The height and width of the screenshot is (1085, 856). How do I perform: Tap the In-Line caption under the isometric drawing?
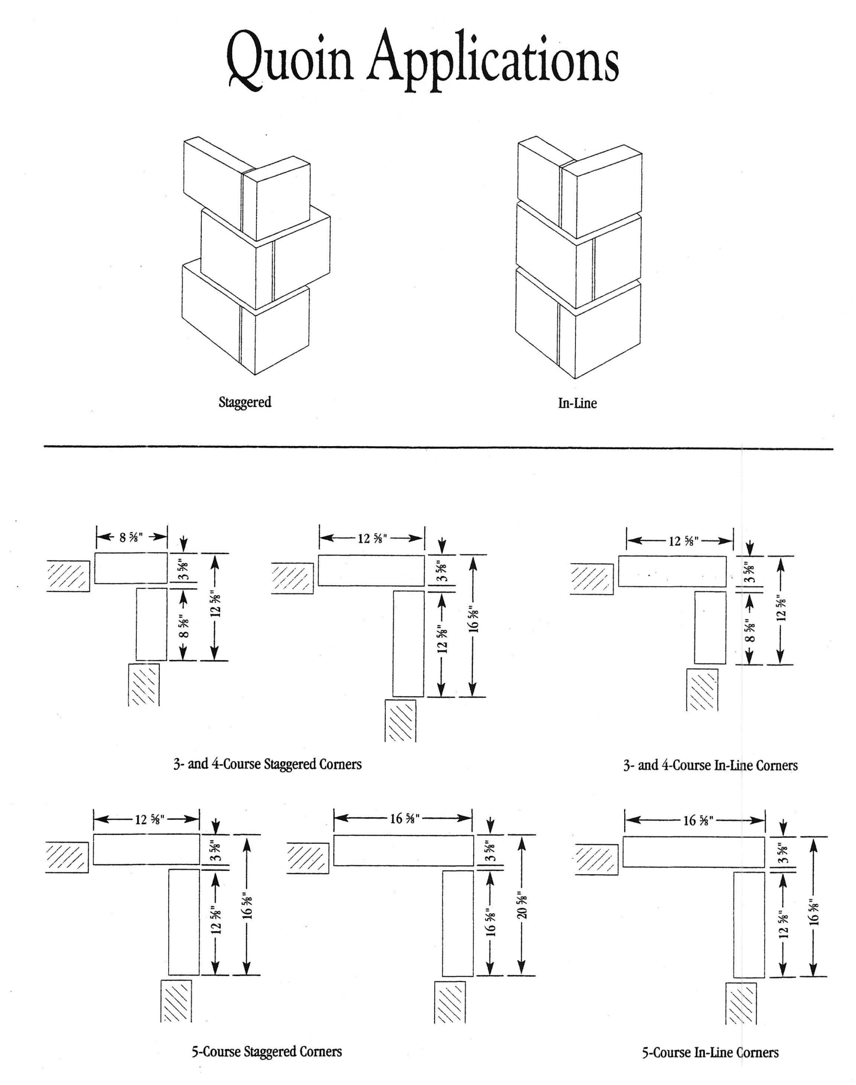[x=577, y=403]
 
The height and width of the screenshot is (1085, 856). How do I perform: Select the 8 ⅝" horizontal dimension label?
[x=131, y=538]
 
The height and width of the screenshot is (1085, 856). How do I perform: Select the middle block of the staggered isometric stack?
[x=266, y=258]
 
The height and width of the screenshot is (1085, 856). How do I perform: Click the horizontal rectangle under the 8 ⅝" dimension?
[x=131, y=568]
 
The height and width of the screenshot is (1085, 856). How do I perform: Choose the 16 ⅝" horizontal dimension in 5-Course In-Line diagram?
[x=698, y=821]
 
